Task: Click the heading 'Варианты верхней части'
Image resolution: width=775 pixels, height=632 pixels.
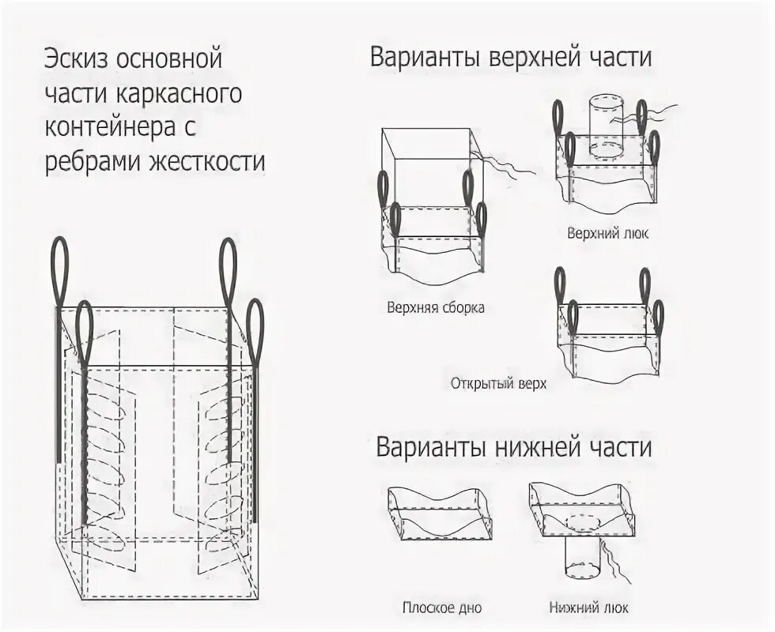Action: point(510,59)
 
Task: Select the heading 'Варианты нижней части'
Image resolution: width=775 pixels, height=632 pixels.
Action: point(513,447)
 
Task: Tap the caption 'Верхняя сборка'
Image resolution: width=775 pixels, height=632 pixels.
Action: point(436,308)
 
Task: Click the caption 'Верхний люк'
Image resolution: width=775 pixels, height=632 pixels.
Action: point(607,234)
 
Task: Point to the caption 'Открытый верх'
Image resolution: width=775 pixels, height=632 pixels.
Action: point(498,384)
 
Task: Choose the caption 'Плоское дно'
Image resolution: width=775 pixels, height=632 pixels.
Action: point(441,608)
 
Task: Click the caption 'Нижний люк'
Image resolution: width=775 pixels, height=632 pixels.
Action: point(589,608)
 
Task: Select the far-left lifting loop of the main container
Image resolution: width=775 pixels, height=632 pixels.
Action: point(60,269)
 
